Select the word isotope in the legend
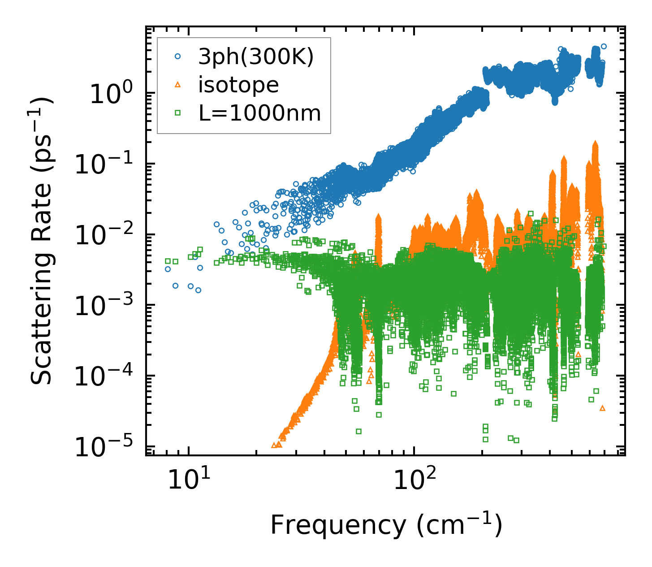238,85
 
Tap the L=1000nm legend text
260,113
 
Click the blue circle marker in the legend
178,57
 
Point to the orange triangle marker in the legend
178,85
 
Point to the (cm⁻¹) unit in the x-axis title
459,525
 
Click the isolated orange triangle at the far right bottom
602,408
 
